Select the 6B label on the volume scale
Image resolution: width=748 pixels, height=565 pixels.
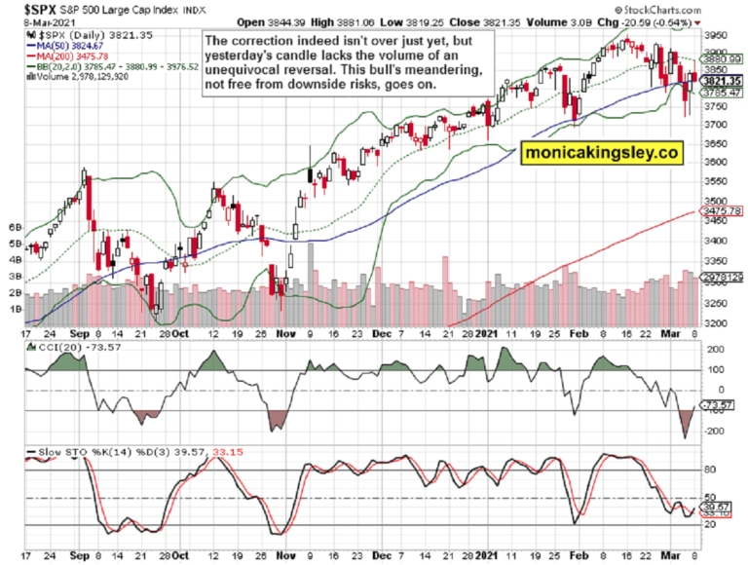[x=15, y=227]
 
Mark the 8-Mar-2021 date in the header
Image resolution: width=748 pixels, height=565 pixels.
[x=27, y=19]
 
